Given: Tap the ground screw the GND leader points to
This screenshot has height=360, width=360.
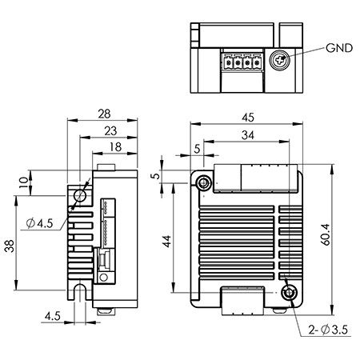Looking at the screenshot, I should [281, 59].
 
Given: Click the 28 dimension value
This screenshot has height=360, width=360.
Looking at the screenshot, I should [104, 114].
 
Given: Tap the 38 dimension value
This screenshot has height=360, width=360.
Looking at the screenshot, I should [9, 247].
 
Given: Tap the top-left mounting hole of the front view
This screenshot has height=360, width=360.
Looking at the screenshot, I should [205, 183].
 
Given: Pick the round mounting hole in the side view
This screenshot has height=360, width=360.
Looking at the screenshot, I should [80, 195].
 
